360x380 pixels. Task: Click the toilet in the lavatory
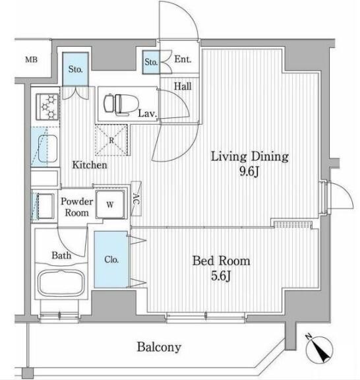(121, 104)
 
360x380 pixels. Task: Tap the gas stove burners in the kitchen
(47, 107)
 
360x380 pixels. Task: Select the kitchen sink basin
(47, 148)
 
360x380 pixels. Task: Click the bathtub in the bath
(61, 282)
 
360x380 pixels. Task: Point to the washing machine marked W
(110, 205)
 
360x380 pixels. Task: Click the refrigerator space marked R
(111, 140)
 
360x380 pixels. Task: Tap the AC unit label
(136, 199)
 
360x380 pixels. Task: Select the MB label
(32, 59)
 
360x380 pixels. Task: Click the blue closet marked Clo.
(111, 259)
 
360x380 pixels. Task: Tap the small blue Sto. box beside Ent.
(151, 62)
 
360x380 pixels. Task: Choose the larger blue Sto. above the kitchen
(75, 69)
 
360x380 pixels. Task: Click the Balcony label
(159, 347)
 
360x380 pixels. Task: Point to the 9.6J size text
(249, 172)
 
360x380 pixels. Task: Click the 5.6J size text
(220, 276)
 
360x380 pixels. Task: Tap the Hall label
(183, 86)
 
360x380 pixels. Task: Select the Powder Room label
(76, 207)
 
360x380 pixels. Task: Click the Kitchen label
(90, 165)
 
